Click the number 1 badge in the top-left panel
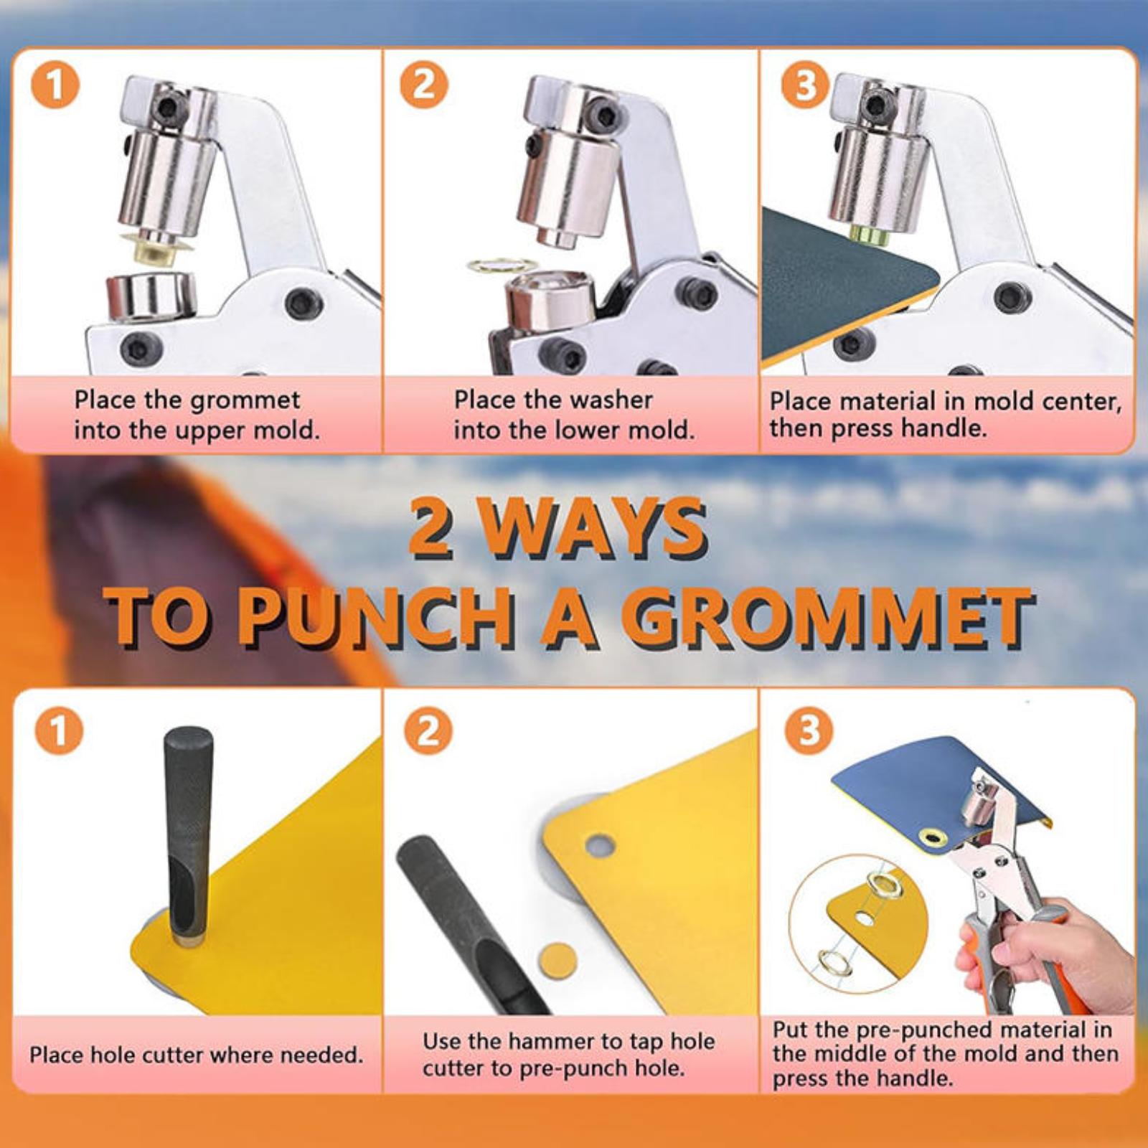click(55, 85)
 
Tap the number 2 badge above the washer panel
click(425, 85)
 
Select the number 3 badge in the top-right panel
click(805, 85)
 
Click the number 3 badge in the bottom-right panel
click(809, 731)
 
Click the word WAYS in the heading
click(593, 529)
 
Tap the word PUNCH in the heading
click(375, 618)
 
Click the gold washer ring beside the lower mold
click(502, 265)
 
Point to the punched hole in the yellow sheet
click(601, 845)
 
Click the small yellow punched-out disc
click(557, 961)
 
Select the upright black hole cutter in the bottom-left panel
click(189, 834)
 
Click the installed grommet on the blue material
click(933, 836)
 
